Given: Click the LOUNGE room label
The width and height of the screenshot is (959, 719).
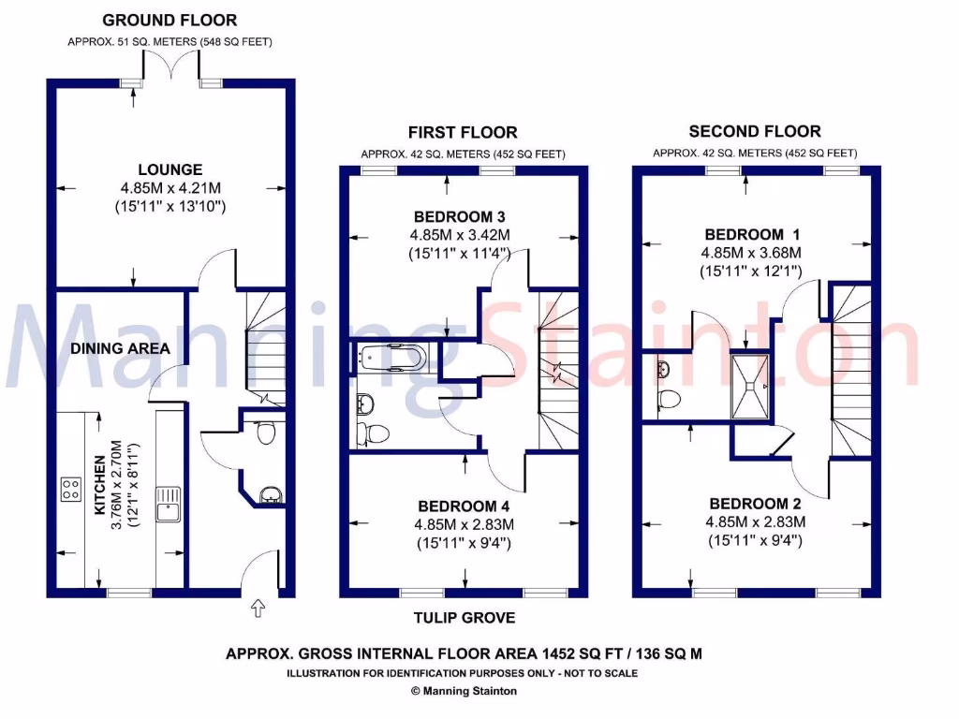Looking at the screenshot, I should point(170,169).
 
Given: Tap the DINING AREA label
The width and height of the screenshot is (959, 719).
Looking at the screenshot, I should point(120,348).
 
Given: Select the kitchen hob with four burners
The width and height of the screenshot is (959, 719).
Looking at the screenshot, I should point(70,488).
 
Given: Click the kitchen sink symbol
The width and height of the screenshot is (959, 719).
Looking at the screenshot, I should point(168,503).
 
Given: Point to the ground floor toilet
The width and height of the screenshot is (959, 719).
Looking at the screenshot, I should point(266,433).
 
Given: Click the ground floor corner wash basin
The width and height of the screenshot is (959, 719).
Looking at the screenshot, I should point(269,493).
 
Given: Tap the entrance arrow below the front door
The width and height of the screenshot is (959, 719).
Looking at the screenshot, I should point(259,609).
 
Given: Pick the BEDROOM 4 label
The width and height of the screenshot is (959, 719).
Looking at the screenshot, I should point(465,506).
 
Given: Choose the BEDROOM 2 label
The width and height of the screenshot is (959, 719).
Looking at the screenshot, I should point(755,504).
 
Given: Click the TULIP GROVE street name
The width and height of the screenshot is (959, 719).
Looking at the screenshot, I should point(465,618).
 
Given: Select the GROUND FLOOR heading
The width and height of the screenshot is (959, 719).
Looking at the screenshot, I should point(170,20).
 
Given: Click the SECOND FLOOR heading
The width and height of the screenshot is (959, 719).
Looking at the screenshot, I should point(755,132).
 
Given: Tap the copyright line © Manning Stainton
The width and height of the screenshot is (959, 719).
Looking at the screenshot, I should point(464,691).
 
